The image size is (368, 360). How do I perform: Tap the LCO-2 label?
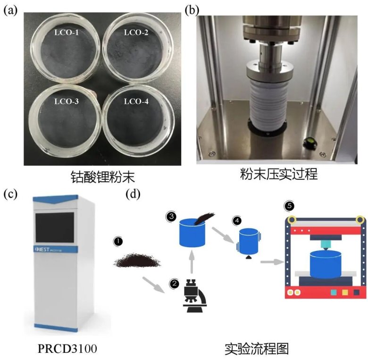click(136, 33)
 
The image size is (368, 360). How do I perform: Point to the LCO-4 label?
click(136, 101)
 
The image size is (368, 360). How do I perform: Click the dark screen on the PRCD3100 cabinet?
click(54, 226)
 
